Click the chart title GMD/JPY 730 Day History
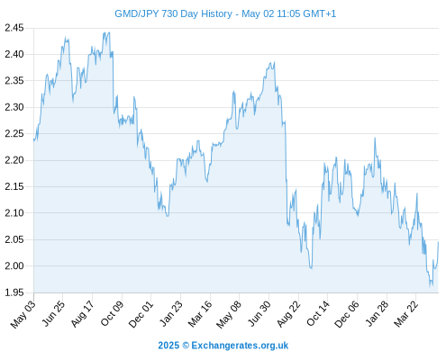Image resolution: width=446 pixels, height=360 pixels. coord(173,13)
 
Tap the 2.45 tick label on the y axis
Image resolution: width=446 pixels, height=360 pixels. coord(14,28)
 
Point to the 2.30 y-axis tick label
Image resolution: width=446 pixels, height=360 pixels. coord(14,107)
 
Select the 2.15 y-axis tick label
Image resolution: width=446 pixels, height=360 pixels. coord(14,186)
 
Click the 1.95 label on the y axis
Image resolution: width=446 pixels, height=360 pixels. coord(14,292)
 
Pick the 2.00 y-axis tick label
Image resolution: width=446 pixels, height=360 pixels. coord(14,265)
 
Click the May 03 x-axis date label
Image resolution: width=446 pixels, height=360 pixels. coord(23,314)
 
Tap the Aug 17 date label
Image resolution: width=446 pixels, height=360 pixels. coord(82,314)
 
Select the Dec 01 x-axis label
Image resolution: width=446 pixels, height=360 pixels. coord(141,314)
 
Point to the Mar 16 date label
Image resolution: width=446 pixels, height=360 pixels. coord(200,314)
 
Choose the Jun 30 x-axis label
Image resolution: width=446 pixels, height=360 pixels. coord(259,314)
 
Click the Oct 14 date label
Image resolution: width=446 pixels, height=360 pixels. coord(318,314)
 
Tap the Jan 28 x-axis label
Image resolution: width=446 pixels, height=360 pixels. coord(377,314)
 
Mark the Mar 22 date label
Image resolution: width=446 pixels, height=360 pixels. coord(405,314)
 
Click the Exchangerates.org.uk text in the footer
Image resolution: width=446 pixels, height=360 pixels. coord(240,346)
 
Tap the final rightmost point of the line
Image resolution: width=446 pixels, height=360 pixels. coord(439,242)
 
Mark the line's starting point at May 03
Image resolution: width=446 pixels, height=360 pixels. coord(34,139)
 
